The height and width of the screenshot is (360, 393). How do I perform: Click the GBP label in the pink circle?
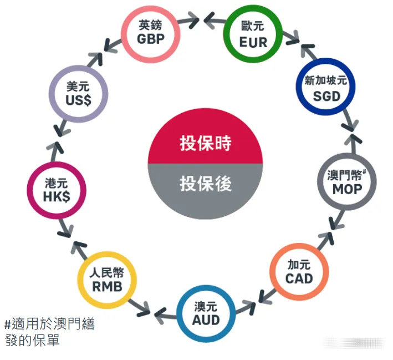click(151, 39)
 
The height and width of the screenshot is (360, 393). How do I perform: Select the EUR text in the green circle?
click(253, 42)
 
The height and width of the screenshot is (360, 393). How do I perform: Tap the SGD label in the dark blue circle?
click(326, 97)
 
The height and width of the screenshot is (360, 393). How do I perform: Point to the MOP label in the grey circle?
click(347, 189)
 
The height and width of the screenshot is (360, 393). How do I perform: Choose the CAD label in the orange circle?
click(299, 278)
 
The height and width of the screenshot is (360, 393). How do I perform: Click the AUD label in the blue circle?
click(206, 320)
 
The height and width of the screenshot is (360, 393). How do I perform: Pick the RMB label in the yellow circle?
click(108, 286)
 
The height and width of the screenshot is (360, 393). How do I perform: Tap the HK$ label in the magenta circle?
click(57, 197)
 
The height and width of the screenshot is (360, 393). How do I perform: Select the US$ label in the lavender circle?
click(79, 100)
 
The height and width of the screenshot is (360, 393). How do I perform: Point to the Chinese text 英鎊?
click(150, 25)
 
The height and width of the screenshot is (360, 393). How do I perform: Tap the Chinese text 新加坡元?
click(325, 80)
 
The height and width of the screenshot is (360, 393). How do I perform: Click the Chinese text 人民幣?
click(107, 272)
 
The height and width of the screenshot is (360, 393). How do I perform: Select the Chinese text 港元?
click(57, 183)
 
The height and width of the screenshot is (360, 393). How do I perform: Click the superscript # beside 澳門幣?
click(364, 172)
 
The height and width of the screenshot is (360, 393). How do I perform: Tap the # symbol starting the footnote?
click(8, 325)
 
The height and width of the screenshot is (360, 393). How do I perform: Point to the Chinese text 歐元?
click(253, 26)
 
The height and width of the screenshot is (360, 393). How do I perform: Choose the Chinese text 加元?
click(299, 265)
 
